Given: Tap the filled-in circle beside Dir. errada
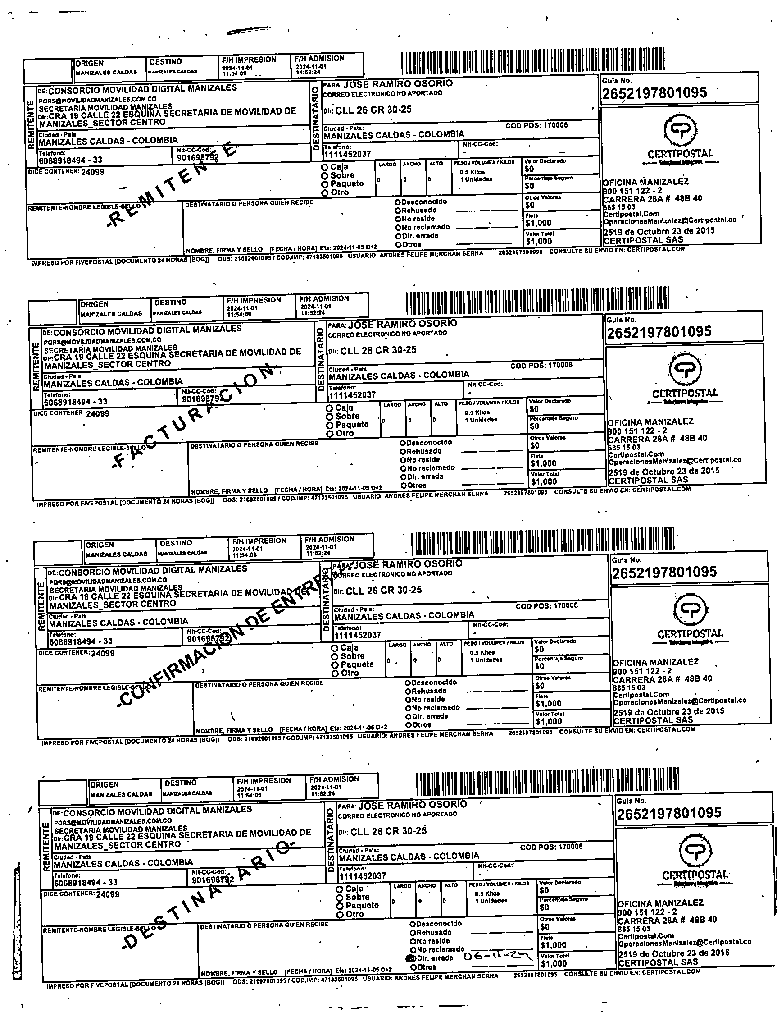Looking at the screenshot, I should coord(410,959).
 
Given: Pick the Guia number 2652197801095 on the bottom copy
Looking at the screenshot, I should coord(669,814).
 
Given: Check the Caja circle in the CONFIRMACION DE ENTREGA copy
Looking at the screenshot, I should coord(335,648).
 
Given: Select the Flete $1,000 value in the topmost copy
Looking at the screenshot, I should coord(538,223).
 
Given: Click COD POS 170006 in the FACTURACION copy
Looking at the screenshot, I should coord(541,365).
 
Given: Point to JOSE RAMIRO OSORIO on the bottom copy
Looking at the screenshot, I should coord(413,805).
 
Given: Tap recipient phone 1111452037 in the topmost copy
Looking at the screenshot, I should coord(347,154).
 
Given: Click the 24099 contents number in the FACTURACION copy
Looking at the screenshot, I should coord(97,413).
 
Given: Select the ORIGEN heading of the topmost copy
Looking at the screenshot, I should coord(90,64).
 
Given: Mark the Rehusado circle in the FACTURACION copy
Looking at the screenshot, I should coord(403,451).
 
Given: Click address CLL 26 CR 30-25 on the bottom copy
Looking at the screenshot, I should coord(388,831).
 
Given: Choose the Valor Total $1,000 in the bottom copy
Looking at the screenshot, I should coord(553,964).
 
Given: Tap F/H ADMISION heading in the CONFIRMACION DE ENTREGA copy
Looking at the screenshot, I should coord(329,539).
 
